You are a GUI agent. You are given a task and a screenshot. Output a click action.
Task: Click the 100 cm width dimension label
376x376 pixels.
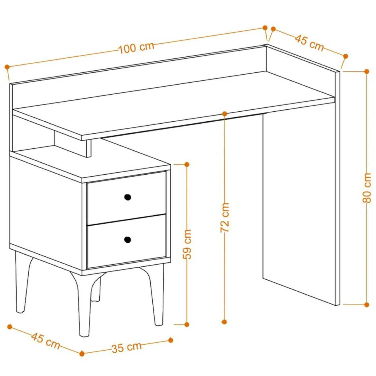pos(136,48)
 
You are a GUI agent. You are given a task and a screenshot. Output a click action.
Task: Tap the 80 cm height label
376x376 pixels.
pos(367,188)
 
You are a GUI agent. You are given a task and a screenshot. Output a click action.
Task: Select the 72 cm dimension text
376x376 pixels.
pos(224,218)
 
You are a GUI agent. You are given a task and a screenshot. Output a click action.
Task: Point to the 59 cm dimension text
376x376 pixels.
pos(187,244)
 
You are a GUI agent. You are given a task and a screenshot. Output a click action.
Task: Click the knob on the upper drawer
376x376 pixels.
pos(128,197)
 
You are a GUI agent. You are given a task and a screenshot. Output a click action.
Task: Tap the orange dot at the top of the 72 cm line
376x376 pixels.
pos(224,113)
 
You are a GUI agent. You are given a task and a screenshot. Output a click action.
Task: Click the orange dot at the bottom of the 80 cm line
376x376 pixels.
pos(367,310)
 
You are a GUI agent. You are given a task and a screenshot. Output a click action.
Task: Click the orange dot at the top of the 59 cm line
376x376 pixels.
pos(187,164)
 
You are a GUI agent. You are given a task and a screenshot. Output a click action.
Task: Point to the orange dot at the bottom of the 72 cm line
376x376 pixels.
pos(224,322)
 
